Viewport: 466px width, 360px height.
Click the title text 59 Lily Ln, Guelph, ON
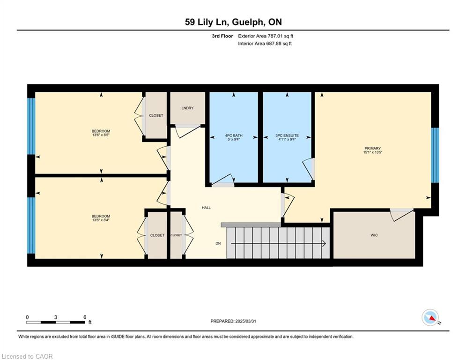(x=233, y=22)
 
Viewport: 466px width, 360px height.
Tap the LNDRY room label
(x=187, y=108)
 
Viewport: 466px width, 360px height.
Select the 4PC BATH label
(x=234, y=135)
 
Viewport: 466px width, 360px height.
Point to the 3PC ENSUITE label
(x=287, y=135)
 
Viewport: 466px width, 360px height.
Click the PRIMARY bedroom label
(x=372, y=148)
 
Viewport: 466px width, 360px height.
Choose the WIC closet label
(x=374, y=235)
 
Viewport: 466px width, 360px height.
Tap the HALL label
(x=206, y=208)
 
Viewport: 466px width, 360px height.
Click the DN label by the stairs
(x=218, y=243)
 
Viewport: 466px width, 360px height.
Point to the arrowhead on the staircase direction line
(x=324, y=243)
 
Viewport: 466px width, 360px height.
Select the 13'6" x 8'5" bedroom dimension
(x=101, y=135)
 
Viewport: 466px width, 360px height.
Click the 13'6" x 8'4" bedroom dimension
(x=101, y=220)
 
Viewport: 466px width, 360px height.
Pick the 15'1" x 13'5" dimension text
(x=372, y=152)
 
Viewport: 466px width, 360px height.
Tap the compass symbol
(x=430, y=317)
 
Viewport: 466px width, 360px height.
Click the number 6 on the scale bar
(x=85, y=317)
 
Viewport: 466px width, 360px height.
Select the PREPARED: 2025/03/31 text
(x=233, y=321)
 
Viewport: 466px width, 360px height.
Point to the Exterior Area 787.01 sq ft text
(x=266, y=36)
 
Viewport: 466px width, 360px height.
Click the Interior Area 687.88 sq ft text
(x=265, y=44)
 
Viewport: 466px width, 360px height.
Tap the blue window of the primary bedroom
(x=435, y=155)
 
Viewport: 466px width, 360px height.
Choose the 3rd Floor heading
(x=222, y=36)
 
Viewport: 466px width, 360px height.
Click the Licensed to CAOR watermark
(x=27, y=356)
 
